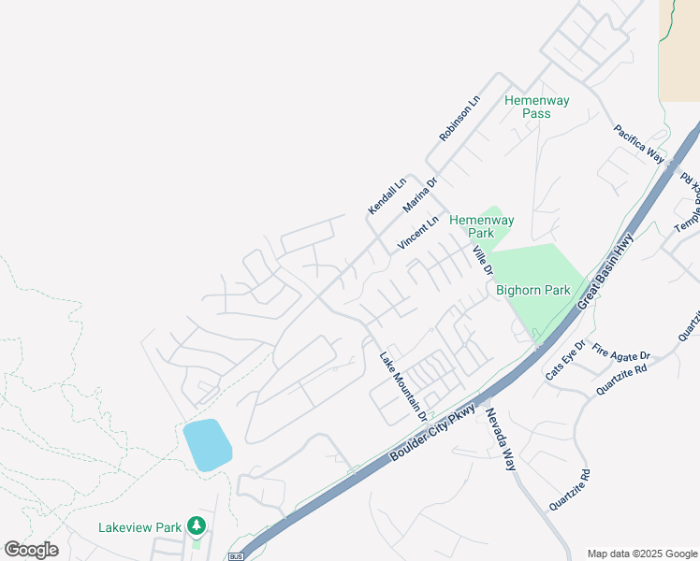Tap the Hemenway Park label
tap(481, 226)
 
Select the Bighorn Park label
tap(532, 290)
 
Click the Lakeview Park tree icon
tap(196, 526)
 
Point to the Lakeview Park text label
tap(139, 527)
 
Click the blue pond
tap(207, 445)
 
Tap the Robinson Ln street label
tap(459, 119)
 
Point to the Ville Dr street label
tap(482, 261)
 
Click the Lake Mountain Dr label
tap(403, 385)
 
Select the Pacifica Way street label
tap(638, 144)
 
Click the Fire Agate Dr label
tap(620, 356)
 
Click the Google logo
tap(31, 549)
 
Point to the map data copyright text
tap(641, 554)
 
